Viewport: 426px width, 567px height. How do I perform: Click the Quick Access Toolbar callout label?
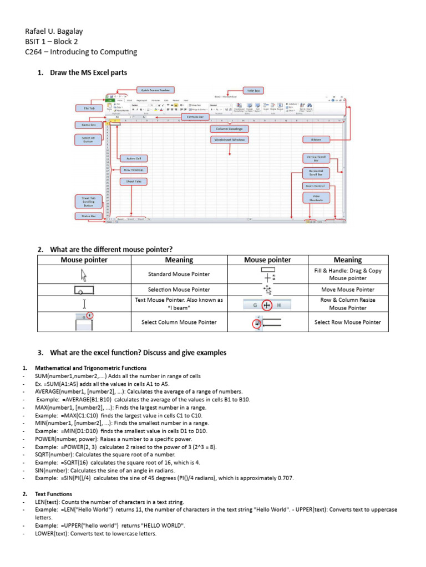coord(155,90)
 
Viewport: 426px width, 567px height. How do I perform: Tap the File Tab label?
coord(89,109)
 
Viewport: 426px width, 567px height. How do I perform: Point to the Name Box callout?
coord(89,125)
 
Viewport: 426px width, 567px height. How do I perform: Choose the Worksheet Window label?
coord(231,140)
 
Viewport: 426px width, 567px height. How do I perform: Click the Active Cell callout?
coord(134,158)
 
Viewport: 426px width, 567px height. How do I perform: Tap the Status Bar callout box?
coord(89,217)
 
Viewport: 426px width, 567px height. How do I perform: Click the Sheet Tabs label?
coord(134,181)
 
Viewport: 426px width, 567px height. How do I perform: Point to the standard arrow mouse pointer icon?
coord(84,274)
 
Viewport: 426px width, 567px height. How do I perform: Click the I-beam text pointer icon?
coord(84,303)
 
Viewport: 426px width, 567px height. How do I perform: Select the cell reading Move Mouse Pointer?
coord(348,290)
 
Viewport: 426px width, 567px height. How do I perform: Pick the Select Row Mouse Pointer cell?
coord(348,322)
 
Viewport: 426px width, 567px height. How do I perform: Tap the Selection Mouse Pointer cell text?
coord(179,290)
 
